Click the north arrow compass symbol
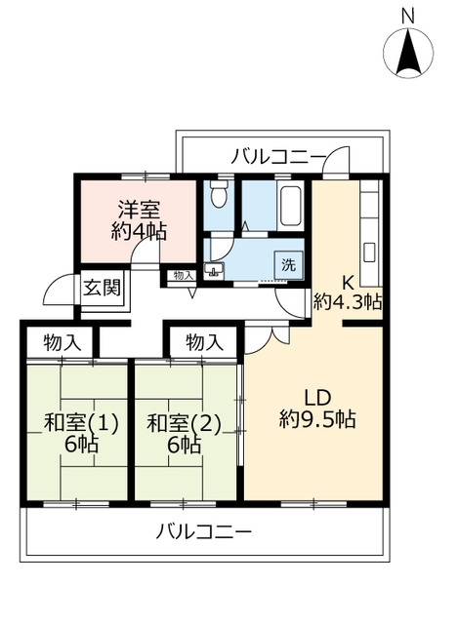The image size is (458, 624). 408,52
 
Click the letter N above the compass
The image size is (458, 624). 408,17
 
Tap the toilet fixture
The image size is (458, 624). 218,193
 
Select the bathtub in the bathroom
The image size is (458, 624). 291,206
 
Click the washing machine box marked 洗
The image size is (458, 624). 289,264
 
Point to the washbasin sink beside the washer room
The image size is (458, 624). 214,270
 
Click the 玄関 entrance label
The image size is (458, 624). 102,288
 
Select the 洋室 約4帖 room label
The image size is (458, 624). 139,220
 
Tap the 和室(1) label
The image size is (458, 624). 81,423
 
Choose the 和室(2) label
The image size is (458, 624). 184,423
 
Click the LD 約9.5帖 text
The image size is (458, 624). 317,408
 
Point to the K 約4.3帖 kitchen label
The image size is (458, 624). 348,293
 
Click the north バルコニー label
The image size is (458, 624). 279,156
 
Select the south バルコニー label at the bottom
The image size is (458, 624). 203,531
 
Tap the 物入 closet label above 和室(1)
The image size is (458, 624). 62,342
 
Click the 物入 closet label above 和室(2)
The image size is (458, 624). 204,342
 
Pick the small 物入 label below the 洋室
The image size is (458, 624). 184,275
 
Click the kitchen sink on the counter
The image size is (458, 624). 369,253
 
